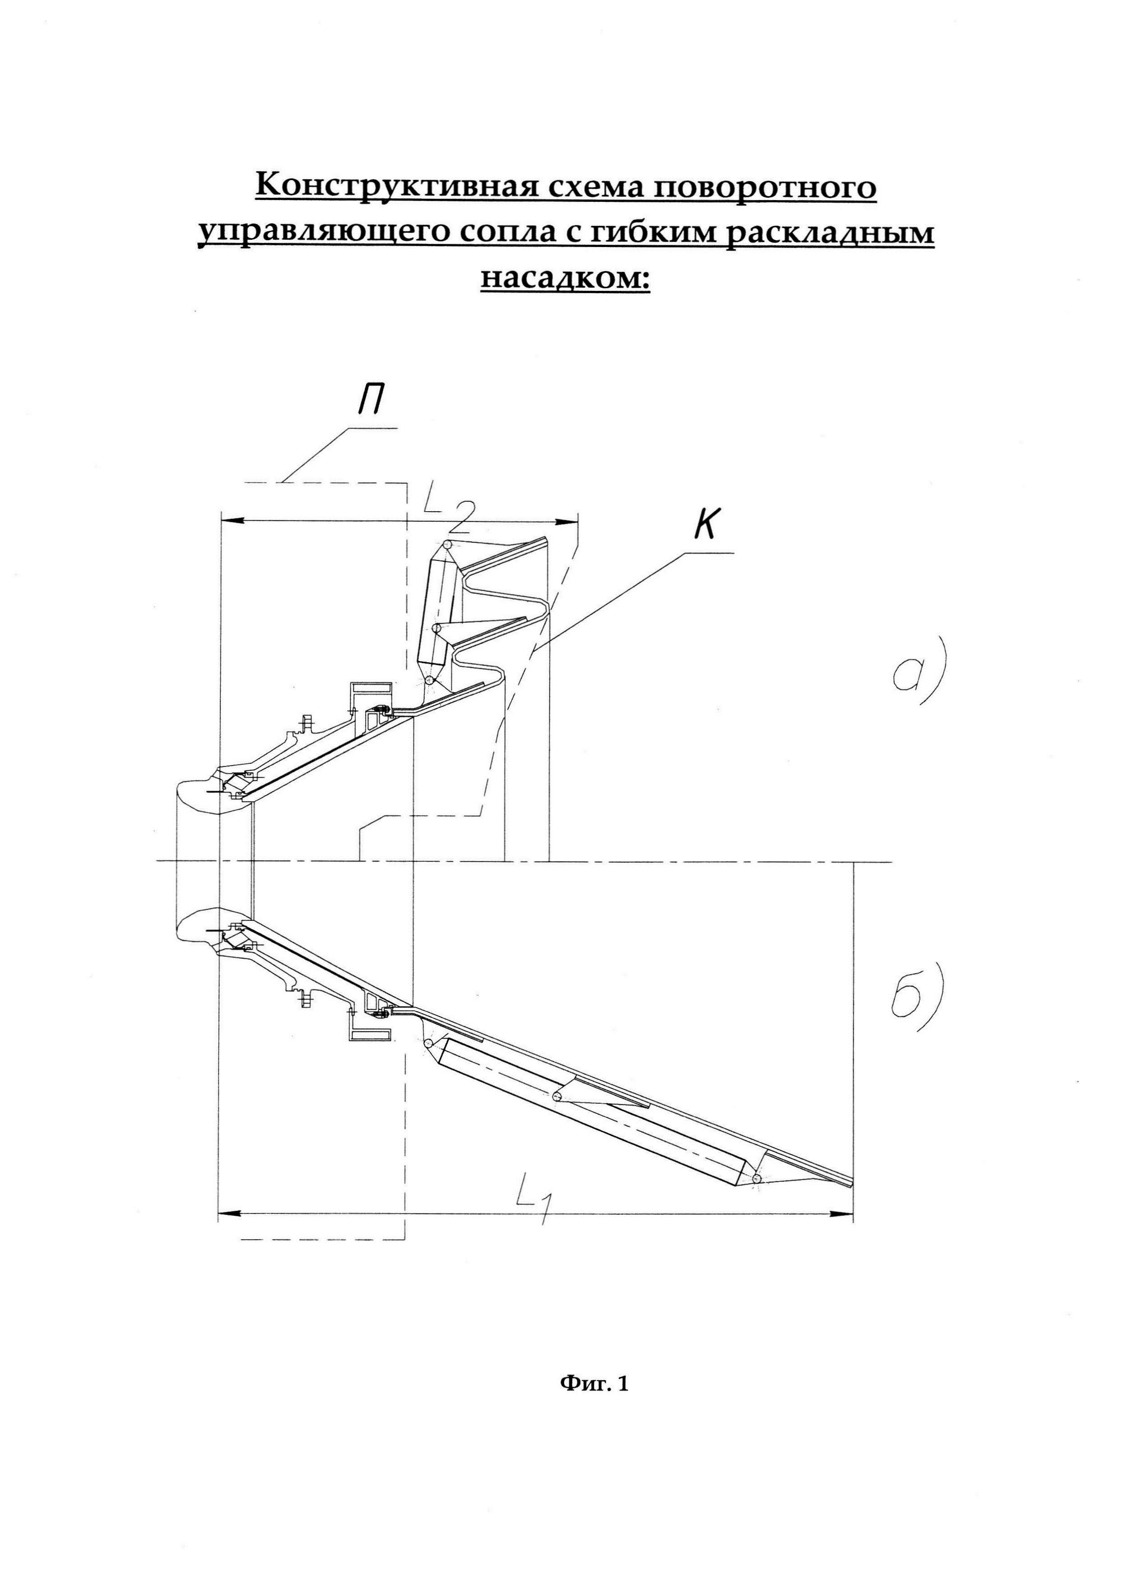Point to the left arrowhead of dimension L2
[x=230, y=521]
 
